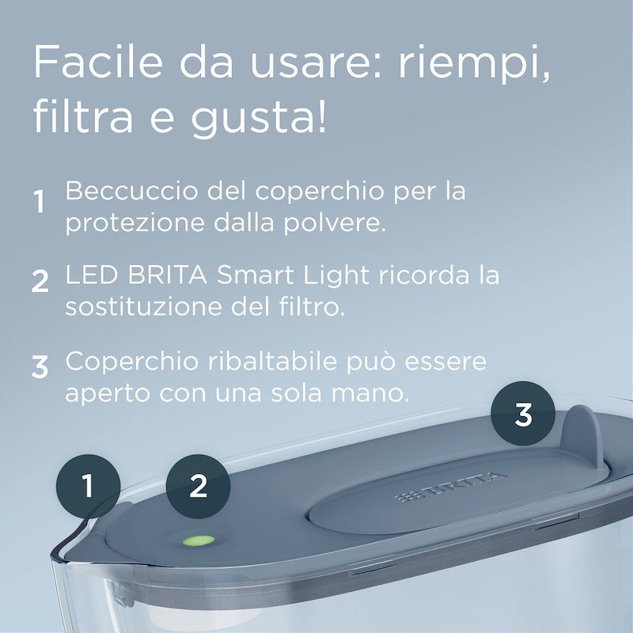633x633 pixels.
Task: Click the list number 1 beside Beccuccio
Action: [39, 202]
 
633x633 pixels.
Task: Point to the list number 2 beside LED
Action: [40, 282]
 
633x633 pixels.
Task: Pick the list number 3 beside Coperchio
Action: [40, 367]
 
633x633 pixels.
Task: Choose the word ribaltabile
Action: [288, 362]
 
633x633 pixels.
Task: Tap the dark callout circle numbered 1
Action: [88, 485]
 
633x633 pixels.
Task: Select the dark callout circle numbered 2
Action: [198, 485]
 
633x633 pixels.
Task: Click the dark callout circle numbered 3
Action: [523, 414]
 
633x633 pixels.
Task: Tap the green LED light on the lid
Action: [199, 542]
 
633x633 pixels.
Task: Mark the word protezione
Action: [122, 223]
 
